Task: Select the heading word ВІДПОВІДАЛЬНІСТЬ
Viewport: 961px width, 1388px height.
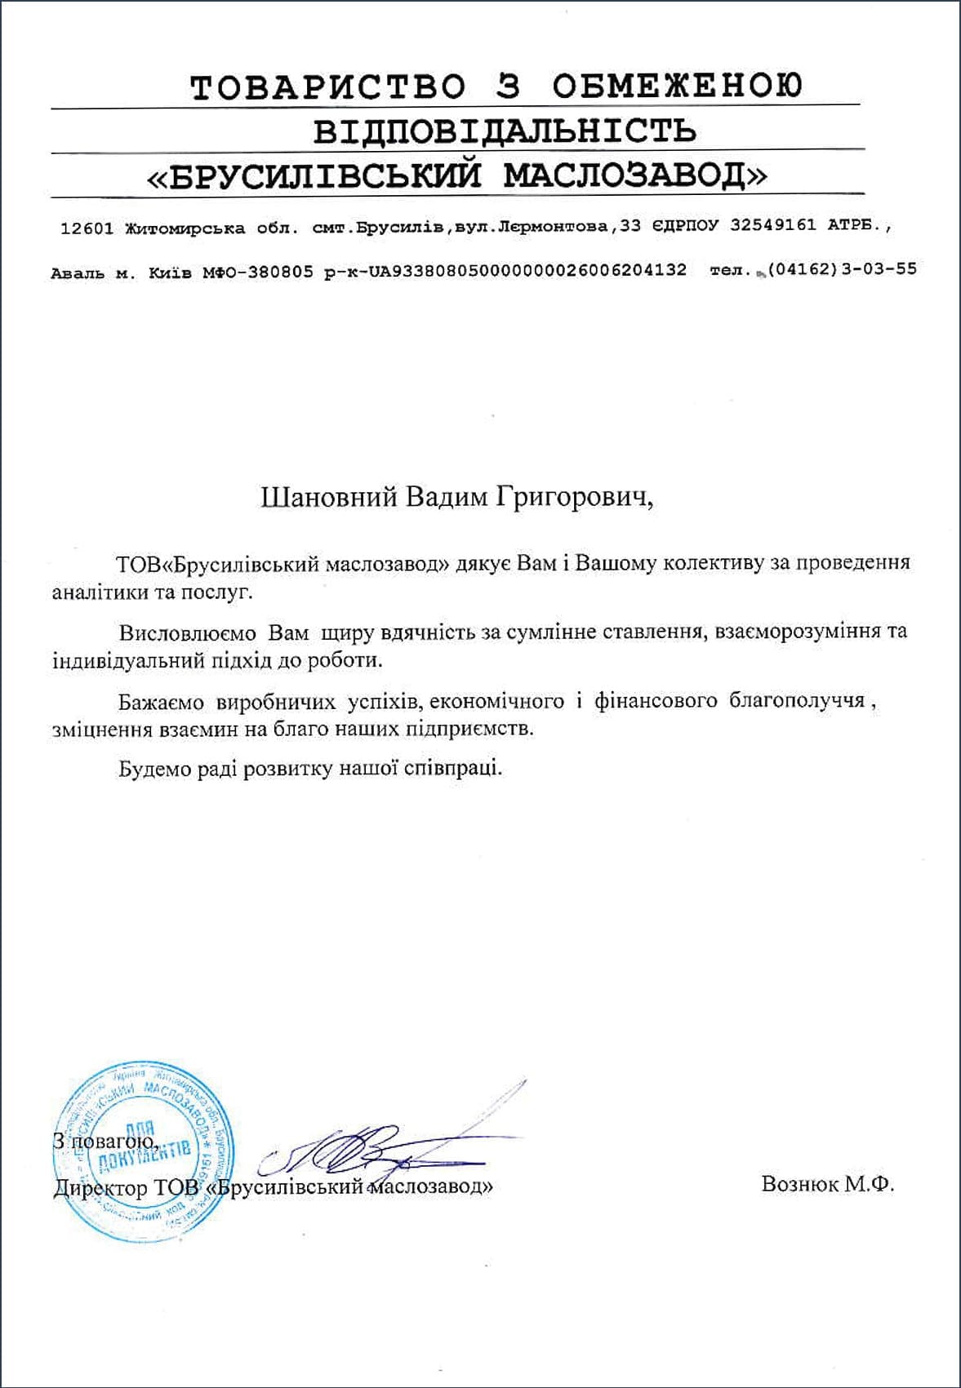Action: (505, 131)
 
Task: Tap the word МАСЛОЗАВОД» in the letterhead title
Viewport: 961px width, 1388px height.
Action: (634, 175)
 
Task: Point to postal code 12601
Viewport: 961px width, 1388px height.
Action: (87, 228)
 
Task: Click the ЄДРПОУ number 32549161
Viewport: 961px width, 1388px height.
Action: (772, 226)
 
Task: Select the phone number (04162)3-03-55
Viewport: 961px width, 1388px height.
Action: (842, 269)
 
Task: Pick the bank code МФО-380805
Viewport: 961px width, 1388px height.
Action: (258, 272)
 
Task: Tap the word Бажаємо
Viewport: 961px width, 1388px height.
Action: (162, 701)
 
